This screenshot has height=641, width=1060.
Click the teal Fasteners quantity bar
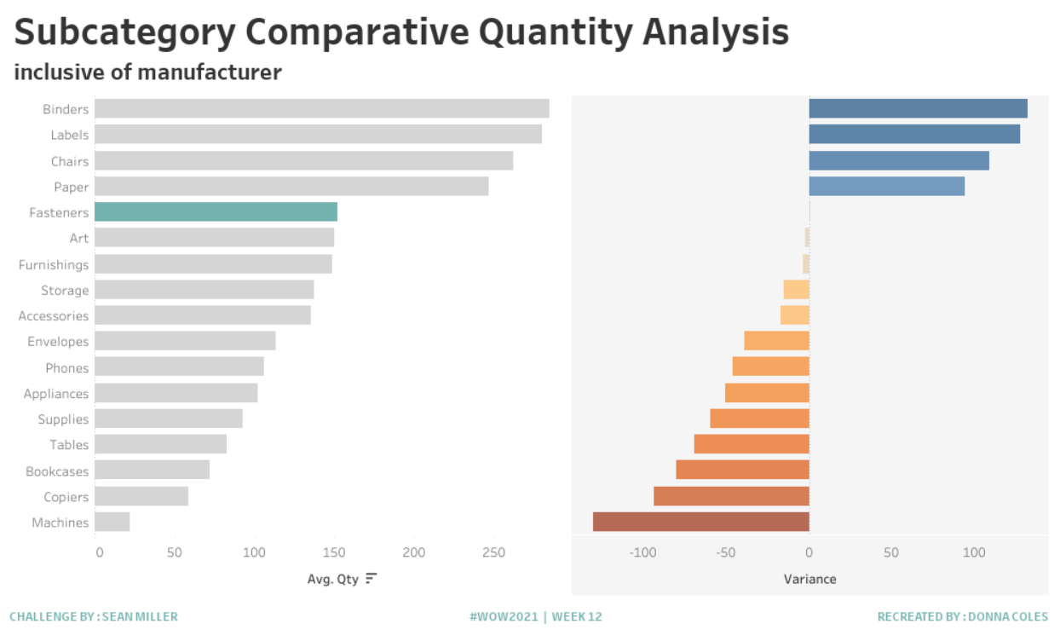[216, 212]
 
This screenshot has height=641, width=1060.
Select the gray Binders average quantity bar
[321, 109]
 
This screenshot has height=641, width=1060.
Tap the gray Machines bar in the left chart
[112, 522]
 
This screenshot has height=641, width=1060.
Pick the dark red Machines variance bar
[700, 522]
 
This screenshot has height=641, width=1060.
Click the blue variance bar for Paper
[886, 186]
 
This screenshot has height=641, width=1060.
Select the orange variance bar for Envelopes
[776, 341]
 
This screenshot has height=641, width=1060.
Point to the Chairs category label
[69, 161]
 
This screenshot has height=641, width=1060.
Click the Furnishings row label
[54, 264]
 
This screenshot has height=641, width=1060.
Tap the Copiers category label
[66, 497]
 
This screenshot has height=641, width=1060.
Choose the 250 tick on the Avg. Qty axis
[493, 552]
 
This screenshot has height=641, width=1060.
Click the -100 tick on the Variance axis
[642, 552]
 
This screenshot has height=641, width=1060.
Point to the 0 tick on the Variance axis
[809, 552]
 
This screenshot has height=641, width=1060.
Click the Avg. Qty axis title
[332, 579]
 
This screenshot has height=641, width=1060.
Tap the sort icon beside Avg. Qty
[371, 579]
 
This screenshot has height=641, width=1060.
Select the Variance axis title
[809, 579]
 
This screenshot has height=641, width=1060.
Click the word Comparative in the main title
[356, 32]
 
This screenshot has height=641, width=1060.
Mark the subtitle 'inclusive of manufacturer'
[147, 72]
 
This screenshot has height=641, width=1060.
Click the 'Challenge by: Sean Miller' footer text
[94, 616]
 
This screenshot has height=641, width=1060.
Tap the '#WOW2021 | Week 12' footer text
[535, 616]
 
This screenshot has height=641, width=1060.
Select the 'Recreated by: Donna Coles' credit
[962, 616]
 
